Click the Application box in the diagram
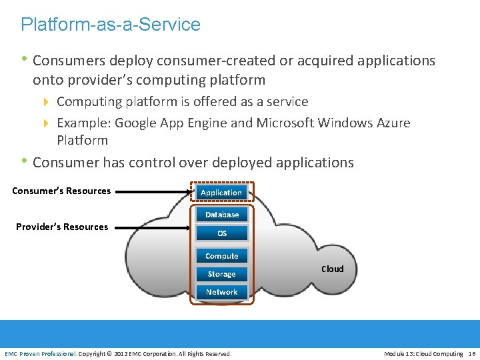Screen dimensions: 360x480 [x=221, y=193]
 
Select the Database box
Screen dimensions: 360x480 [x=221, y=215]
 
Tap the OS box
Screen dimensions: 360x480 [x=221, y=233]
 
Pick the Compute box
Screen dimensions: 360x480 [x=221, y=256]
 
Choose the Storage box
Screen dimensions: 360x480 [x=221, y=274]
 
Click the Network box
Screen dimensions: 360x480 [x=221, y=292]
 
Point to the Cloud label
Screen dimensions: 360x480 [x=333, y=269]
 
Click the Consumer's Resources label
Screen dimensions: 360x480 [x=61, y=191]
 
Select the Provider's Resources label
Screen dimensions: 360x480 [x=62, y=227]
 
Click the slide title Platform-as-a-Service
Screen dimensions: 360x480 [x=111, y=25]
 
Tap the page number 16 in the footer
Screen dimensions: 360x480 [x=472, y=353]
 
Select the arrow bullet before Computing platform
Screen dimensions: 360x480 [x=46, y=102]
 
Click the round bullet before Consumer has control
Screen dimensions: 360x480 [x=25, y=161]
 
